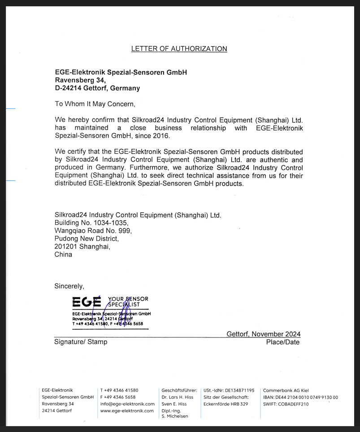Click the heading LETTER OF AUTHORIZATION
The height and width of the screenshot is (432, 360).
(179, 49)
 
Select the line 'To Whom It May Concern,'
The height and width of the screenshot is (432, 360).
(95, 104)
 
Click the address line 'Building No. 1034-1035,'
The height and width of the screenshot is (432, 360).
(91, 223)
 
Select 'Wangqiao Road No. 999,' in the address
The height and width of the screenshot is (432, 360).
(93, 231)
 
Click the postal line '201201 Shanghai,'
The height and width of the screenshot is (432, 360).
(82, 247)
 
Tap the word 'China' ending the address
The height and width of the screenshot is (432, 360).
(63, 254)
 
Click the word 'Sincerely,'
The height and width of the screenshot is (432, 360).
(69, 286)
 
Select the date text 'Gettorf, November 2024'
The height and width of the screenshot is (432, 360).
(264, 334)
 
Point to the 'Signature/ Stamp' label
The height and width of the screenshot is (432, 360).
(81, 342)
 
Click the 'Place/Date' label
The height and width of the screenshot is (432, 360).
(282, 342)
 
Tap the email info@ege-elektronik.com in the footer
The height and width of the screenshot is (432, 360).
(127, 404)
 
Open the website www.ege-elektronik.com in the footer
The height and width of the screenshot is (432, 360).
(127, 410)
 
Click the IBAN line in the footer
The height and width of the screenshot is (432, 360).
(300, 397)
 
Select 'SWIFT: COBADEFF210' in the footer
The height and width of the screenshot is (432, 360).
(286, 404)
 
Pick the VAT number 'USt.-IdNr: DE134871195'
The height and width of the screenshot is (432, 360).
(229, 390)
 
